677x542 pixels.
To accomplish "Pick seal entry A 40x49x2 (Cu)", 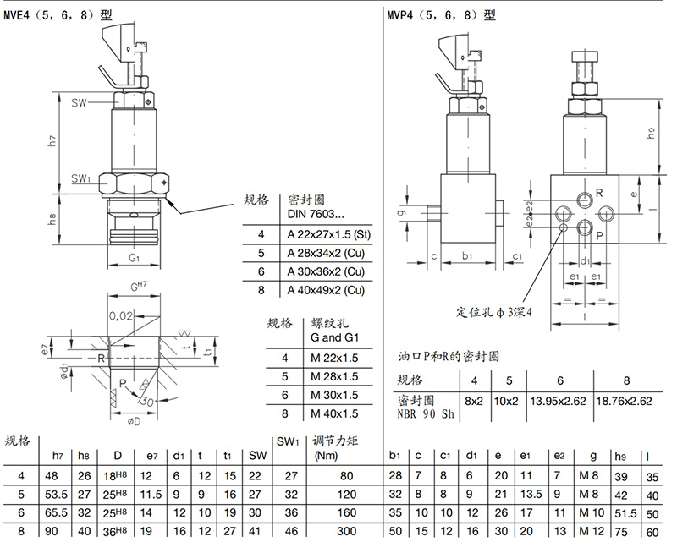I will click(x=326, y=291).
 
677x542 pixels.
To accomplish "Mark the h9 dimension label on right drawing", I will click(x=650, y=132).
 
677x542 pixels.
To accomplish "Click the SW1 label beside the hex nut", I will click(x=81, y=178).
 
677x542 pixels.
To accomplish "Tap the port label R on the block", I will click(x=598, y=193).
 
